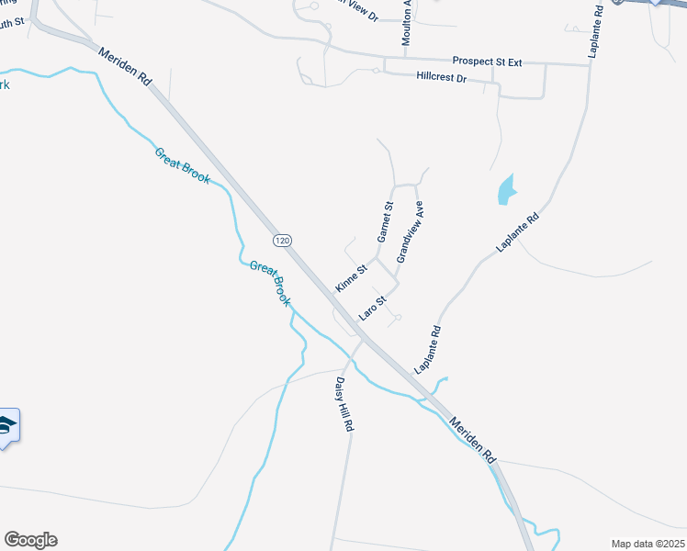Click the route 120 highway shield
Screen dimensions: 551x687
[x=283, y=240]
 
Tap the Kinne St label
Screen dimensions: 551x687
[x=351, y=277]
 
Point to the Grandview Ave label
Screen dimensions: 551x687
[x=410, y=231]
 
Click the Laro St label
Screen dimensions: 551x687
[x=373, y=307]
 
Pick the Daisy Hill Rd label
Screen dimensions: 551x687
[x=343, y=404]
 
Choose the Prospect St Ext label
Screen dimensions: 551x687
[x=487, y=62]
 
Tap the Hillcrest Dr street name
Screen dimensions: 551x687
[x=442, y=79]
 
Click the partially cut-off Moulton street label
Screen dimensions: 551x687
[x=406, y=24]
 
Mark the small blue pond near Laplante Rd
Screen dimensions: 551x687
[x=505, y=190]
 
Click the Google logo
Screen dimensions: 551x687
[x=30, y=540]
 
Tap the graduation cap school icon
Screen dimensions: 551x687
[x=6, y=425]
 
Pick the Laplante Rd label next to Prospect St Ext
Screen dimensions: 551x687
[x=595, y=32]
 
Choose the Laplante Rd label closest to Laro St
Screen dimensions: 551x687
[x=428, y=350]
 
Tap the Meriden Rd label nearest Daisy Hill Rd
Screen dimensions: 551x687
[x=473, y=440]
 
